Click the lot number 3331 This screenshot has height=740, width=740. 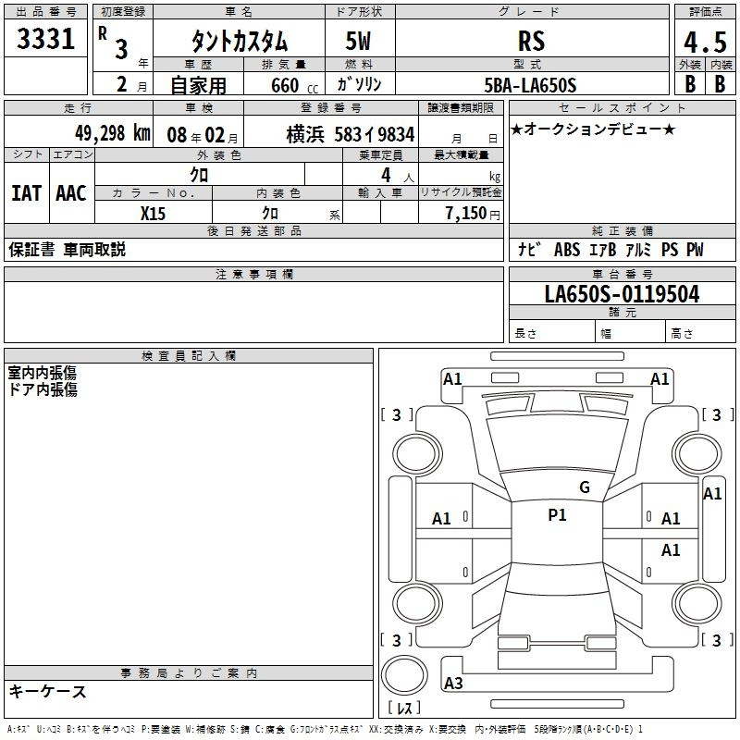click(45, 39)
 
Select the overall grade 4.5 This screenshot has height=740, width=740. click(705, 42)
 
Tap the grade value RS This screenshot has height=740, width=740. click(531, 41)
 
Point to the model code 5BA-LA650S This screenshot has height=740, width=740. click(530, 85)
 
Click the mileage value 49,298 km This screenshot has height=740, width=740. click(113, 133)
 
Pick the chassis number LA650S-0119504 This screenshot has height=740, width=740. click(622, 294)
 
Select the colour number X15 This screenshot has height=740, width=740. click(153, 214)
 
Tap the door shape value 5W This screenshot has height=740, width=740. click(358, 41)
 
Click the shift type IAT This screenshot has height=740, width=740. click(26, 193)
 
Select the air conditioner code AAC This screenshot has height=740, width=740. click(71, 193)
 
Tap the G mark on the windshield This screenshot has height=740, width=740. click(585, 487)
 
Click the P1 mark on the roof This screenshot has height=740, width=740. click(557, 514)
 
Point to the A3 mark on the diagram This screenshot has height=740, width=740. click(453, 683)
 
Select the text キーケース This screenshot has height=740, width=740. click(47, 691)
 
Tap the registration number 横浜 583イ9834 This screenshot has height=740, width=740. click(351, 134)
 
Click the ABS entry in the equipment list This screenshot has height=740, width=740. click(567, 249)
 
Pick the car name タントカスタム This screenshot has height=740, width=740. click(240, 41)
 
